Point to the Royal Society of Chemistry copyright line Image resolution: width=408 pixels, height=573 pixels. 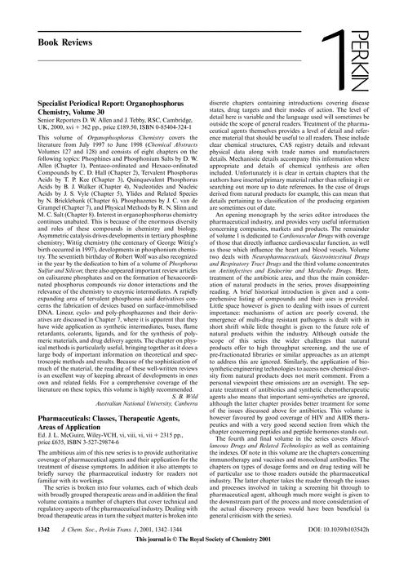[x=204, y=562]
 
